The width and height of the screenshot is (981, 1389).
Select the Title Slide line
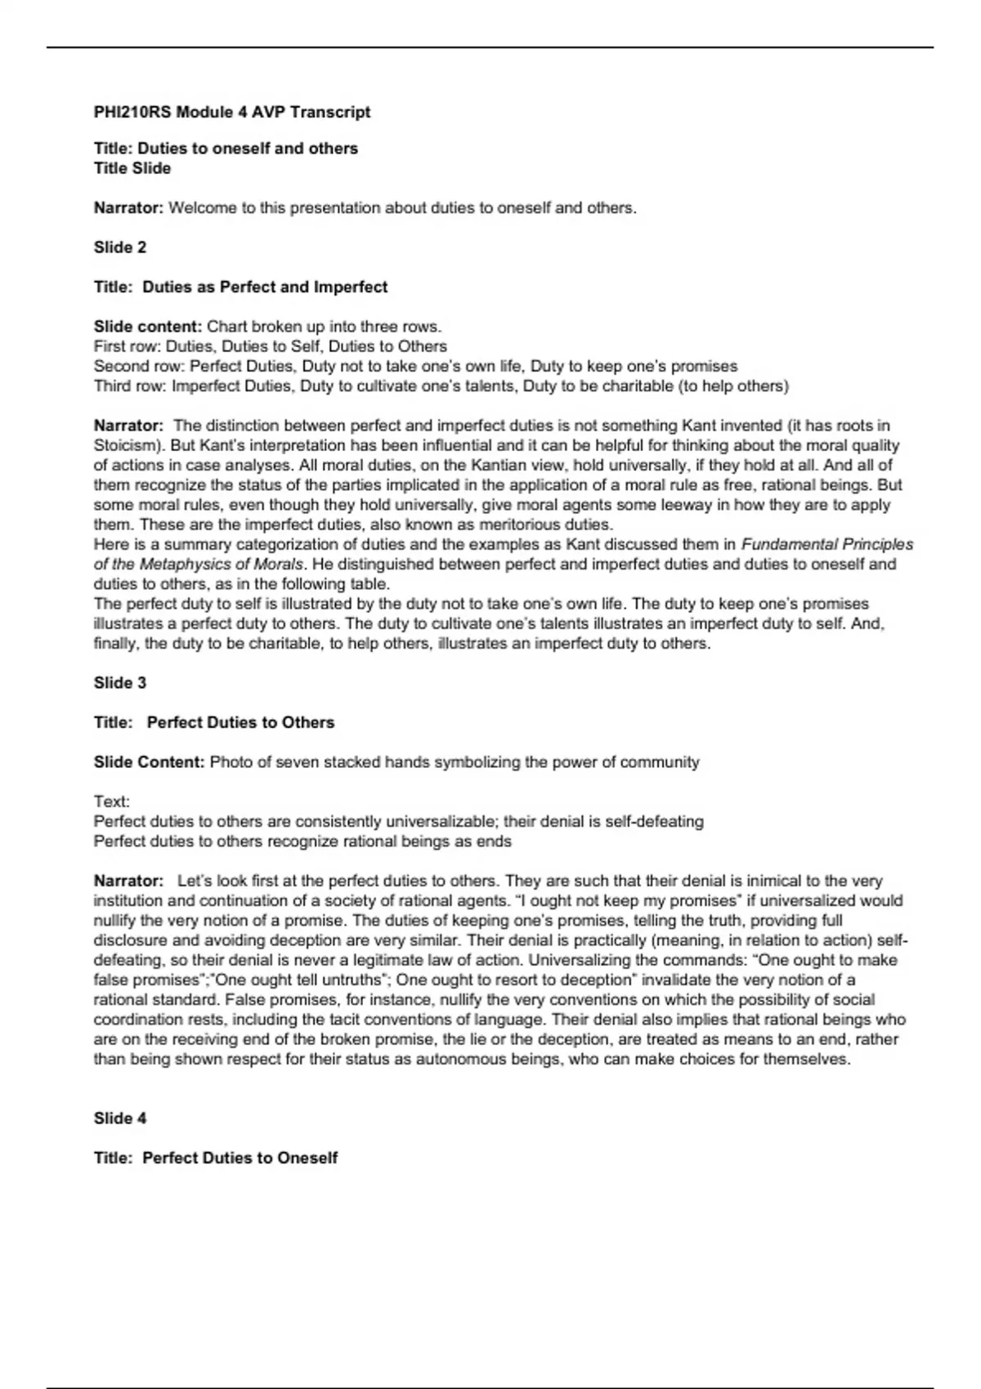[132, 168]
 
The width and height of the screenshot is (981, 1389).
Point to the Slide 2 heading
[120, 248]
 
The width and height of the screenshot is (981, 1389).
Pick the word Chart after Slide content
[227, 327]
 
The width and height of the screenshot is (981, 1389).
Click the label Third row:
[130, 386]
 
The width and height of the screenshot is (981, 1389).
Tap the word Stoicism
[127, 446]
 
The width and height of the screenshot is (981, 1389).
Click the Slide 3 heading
[120, 683]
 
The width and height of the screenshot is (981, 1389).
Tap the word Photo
[231, 762]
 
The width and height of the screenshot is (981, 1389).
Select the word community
[660, 762]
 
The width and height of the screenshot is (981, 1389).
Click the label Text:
[112, 802]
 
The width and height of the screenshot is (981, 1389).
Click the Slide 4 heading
[120, 1119]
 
